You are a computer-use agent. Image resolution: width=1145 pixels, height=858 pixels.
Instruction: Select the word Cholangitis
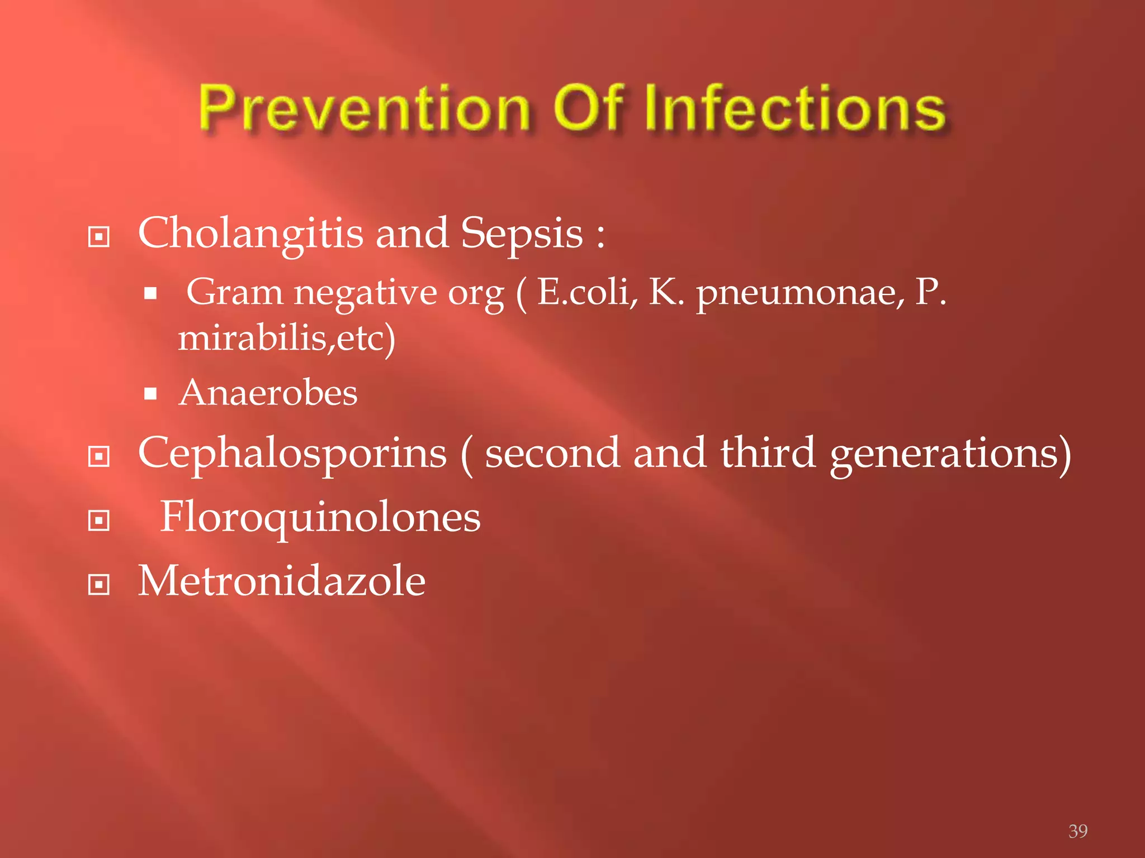pos(250,234)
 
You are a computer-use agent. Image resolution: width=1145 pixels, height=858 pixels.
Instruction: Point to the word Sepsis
pos(522,234)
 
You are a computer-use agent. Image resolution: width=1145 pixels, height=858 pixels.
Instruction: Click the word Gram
pos(235,292)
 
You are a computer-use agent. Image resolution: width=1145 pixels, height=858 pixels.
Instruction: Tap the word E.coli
pos(587,292)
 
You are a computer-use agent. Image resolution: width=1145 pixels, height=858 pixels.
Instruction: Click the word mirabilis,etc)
pos(287,339)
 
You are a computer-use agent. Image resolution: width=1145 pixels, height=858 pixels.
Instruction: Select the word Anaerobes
pos(268,393)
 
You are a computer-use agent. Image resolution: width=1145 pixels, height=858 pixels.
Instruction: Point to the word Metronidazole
pos(282,581)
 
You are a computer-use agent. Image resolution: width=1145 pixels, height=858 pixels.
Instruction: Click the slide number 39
pos(1078,831)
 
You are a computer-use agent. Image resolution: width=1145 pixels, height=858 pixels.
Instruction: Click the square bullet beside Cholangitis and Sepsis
pos(99,237)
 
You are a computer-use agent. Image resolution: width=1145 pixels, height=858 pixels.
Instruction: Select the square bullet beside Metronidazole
pos(99,585)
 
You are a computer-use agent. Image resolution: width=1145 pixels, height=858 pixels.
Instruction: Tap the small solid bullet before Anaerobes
pos(150,394)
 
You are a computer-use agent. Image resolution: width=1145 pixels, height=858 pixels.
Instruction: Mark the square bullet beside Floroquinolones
pos(99,521)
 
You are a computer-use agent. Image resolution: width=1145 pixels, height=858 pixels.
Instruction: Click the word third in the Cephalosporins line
pos(768,452)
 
